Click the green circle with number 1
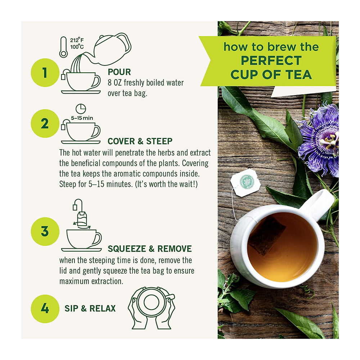coord(45,73)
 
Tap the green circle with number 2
coord(45,123)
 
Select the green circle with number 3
coord(45,231)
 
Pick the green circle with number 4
coord(45,309)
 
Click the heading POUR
coord(119,72)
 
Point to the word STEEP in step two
coord(159,141)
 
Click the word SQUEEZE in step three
coord(127,249)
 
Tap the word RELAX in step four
coord(102,309)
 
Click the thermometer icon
coord(63,47)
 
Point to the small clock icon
coord(81,109)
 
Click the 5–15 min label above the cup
coord(82,118)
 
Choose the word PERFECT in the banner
coord(271,60)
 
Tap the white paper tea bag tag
coord(245,183)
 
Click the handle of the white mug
coord(318,204)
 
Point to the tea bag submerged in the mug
coord(267,235)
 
